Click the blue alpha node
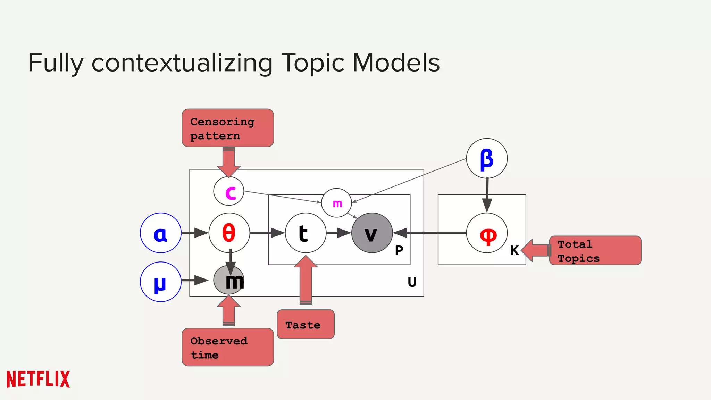pyautogui.click(x=161, y=233)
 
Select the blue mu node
pyautogui.click(x=161, y=282)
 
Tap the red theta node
pyautogui.click(x=229, y=233)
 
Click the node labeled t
pyautogui.click(x=306, y=233)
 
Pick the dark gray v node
pyautogui.click(x=372, y=233)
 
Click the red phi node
pyautogui.click(x=487, y=233)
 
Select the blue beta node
pyautogui.click(x=487, y=158)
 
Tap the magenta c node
pyautogui.click(x=229, y=191)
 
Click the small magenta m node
pyautogui.click(x=336, y=203)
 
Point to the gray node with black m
pyautogui.click(x=229, y=280)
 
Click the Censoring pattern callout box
pyautogui.click(x=228, y=128)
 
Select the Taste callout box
pyautogui.click(x=306, y=324)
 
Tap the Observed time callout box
pyautogui.click(x=228, y=347)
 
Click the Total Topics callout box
pyautogui.click(x=595, y=251)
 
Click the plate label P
pyautogui.click(x=399, y=250)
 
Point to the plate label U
pyautogui.click(x=412, y=282)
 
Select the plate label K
pyautogui.click(x=515, y=250)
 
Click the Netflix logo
pyautogui.click(x=38, y=379)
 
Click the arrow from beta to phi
pyautogui.click(x=487, y=194)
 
